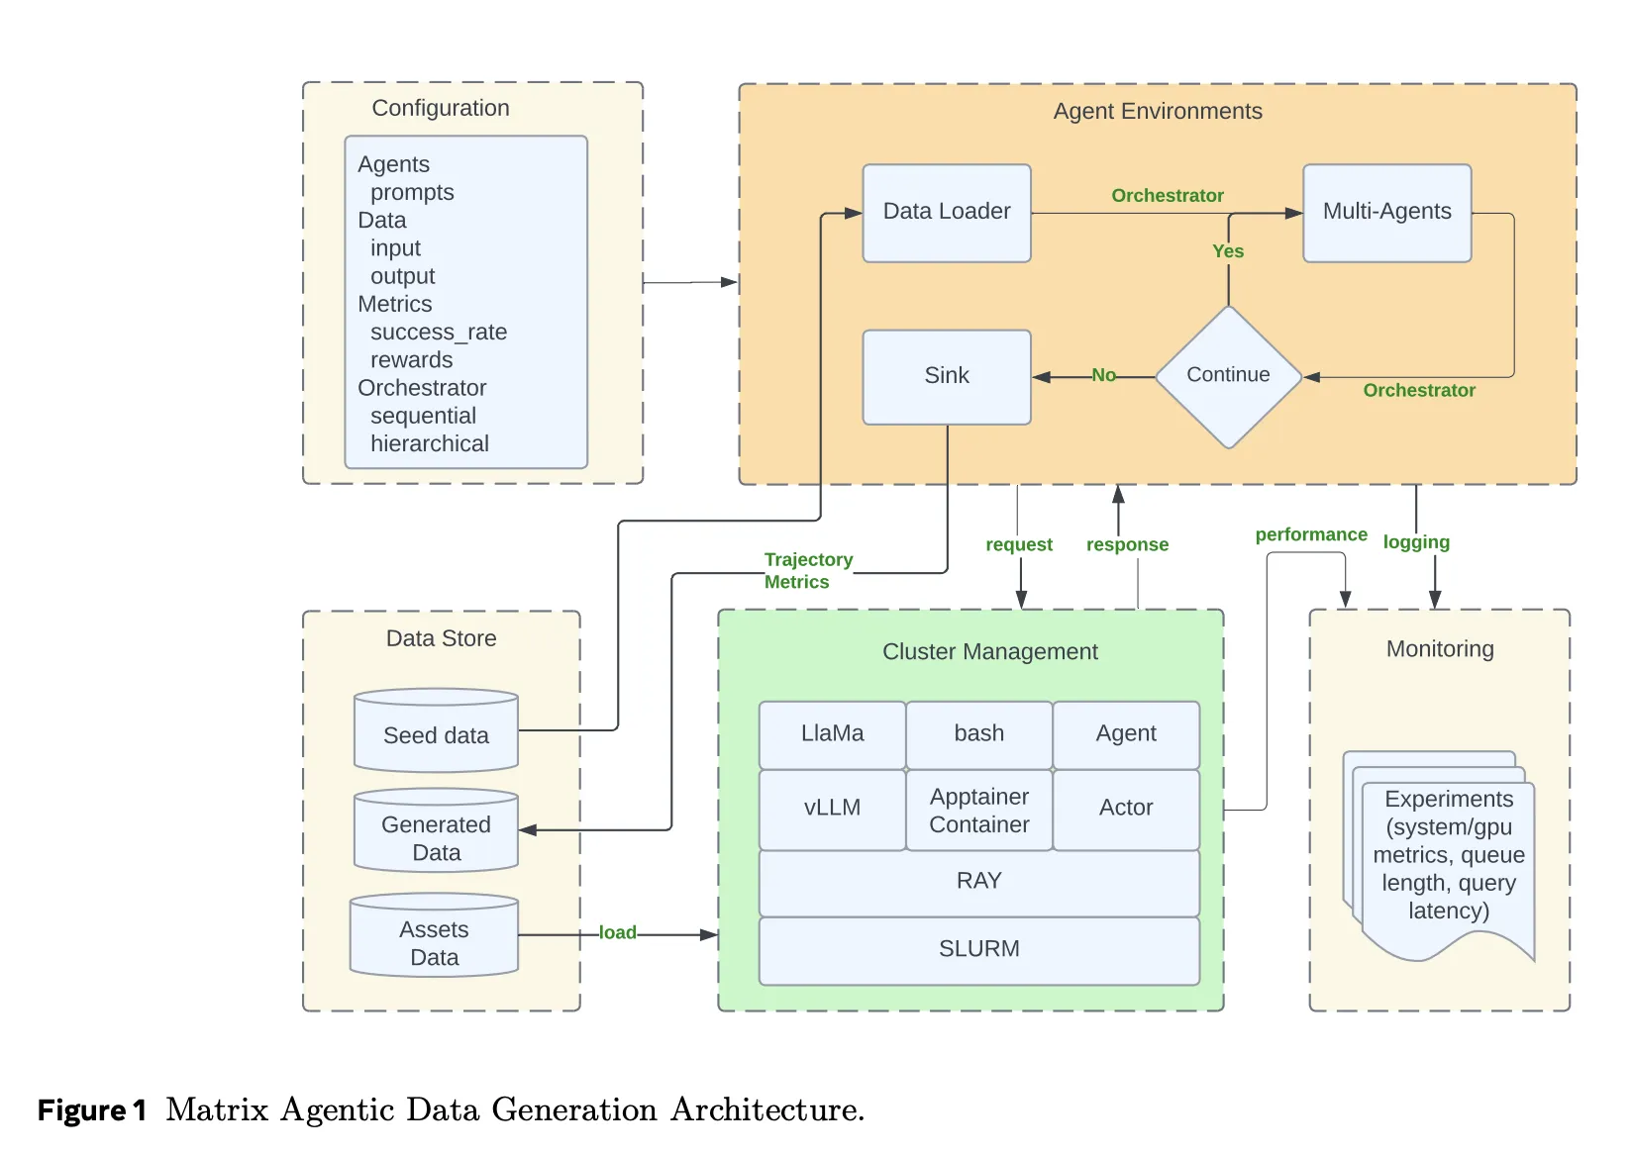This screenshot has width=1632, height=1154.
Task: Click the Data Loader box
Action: pos(946,213)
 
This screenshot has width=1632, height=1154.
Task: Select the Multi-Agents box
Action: pos(1385,213)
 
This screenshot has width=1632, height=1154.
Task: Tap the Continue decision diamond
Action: pos(1227,376)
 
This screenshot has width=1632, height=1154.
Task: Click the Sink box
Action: pos(946,376)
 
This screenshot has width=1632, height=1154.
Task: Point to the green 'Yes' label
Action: pos(1227,251)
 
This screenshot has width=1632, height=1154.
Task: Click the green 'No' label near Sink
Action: pos(1103,375)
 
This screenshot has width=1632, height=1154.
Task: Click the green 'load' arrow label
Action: pos(617,932)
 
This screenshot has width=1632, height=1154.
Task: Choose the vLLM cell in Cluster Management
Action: pos(832,809)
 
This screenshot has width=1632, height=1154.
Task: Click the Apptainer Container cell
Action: pos(978,811)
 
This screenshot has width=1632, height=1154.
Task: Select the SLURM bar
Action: pos(978,949)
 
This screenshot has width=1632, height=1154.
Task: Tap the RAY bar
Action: pos(978,881)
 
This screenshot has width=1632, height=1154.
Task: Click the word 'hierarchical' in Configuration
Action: pos(429,443)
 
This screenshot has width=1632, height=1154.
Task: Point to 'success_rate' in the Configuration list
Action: pos(438,332)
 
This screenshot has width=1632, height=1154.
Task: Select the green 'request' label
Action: pos(1018,544)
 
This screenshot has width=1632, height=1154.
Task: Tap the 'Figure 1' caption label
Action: pos(91,1110)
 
